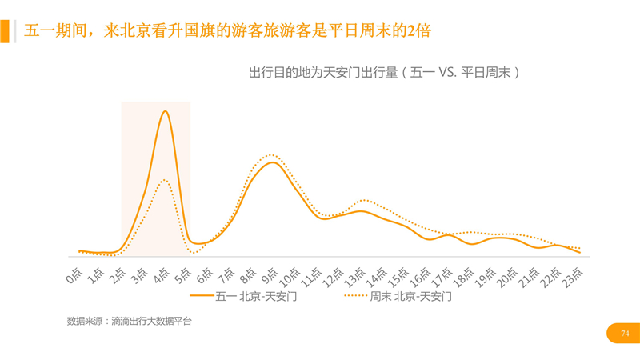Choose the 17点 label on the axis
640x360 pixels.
[443, 275]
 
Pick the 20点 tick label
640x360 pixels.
[508, 275]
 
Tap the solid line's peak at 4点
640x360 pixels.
[165, 111]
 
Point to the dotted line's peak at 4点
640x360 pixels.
[164, 180]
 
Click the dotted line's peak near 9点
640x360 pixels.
[271, 154]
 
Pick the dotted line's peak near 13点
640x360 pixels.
[364, 199]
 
